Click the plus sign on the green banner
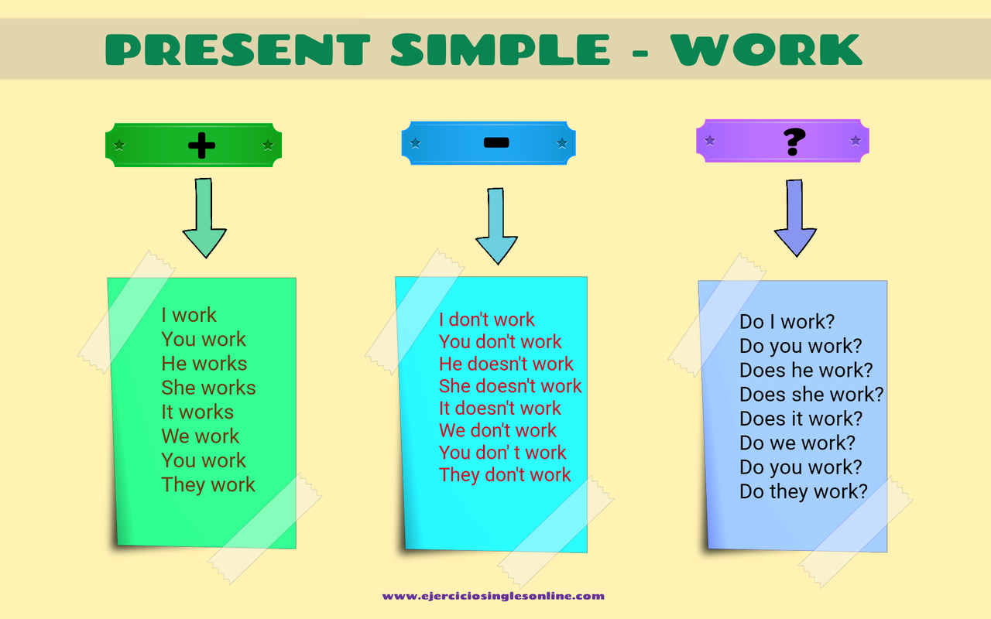point(201,145)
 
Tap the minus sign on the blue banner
point(495,142)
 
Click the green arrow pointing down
point(204,220)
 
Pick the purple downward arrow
point(795,220)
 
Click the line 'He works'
point(204,364)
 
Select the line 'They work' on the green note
point(208,485)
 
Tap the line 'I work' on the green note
point(189,315)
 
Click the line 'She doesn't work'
point(510,386)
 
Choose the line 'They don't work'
point(505,475)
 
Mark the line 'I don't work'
point(487,320)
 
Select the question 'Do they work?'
point(804,491)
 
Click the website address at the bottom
point(493,596)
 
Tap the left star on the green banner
point(118,145)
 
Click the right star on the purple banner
point(856,141)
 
